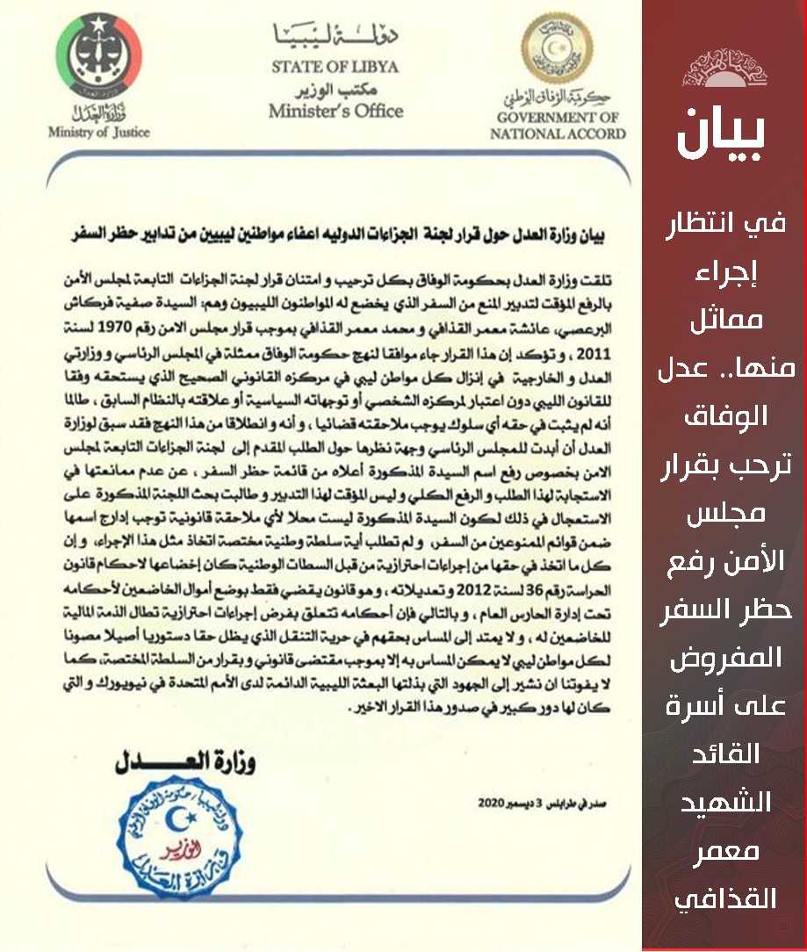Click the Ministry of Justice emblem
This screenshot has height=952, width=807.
click(100, 56)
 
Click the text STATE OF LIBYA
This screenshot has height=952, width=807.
click(335, 67)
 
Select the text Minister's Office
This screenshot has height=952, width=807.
click(335, 112)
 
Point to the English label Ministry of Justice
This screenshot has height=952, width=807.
click(100, 133)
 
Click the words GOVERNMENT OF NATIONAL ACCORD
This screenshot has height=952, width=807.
click(558, 126)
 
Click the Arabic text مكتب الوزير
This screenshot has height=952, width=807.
click(335, 90)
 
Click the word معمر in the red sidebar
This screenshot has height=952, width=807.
click(724, 852)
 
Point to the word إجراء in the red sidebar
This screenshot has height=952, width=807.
click(724, 270)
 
